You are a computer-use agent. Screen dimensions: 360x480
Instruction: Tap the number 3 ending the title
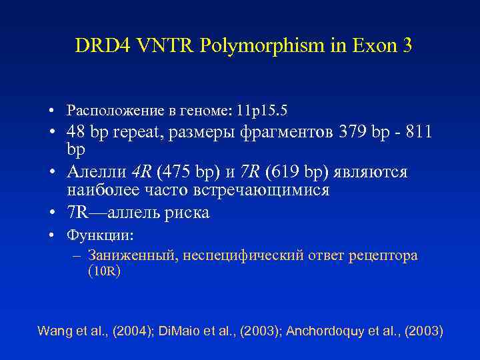tap(405, 45)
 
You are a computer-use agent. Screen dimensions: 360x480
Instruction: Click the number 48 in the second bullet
tap(77, 133)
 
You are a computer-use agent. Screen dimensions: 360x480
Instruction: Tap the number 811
tap(418, 133)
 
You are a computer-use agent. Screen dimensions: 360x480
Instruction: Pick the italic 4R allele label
tap(141, 172)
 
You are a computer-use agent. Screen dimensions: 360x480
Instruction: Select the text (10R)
tap(104, 271)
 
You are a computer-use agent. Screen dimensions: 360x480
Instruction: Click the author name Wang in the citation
tap(53, 331)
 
